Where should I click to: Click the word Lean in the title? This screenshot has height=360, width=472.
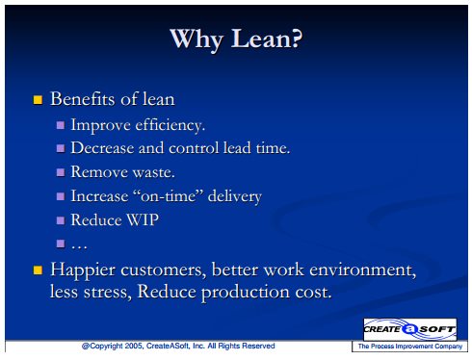267,39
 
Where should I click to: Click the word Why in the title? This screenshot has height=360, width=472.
196,40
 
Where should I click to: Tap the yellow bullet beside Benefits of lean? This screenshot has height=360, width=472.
38,100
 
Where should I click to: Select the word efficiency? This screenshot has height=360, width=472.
170,125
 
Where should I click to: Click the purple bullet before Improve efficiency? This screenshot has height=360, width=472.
61,125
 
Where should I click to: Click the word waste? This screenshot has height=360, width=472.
154,172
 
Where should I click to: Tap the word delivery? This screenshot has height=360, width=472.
235,196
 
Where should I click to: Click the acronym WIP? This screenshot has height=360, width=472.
143,220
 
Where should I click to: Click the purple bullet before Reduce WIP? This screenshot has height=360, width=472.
61,220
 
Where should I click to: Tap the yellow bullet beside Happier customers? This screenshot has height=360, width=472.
38,270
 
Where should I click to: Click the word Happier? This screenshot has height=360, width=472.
83,270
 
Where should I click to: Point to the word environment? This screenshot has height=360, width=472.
362,270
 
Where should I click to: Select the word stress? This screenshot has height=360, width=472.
108,293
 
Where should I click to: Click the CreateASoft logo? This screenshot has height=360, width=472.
409,329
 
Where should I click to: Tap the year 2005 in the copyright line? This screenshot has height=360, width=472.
134,346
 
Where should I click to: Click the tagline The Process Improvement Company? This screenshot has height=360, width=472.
410,347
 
